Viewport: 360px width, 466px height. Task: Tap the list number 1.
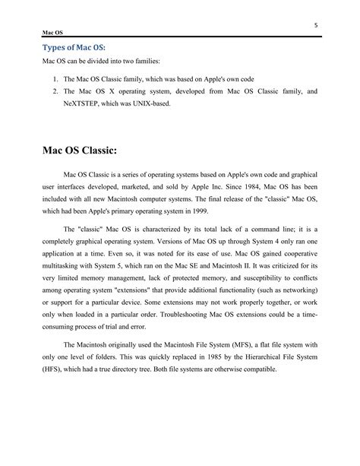click(55, 78)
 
